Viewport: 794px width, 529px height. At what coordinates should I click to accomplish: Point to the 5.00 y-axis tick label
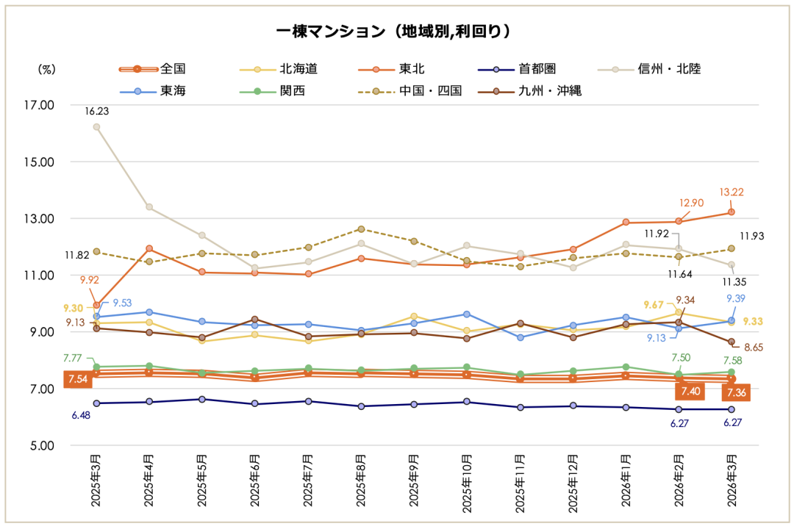click(41, 445)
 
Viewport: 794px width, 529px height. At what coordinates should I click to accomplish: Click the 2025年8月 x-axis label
click(361, 478)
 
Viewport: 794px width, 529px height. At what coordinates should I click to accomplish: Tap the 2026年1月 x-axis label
click(626, 478)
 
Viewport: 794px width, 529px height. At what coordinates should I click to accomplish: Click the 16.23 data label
click(96, 112)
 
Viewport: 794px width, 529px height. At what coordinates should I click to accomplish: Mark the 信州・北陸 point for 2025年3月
click(96, 126)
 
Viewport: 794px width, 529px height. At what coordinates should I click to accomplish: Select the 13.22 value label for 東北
click(732, 192)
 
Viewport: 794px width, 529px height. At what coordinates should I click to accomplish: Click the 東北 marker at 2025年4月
click(149, 248)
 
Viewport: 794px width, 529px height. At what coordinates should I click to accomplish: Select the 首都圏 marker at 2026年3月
click(732, 409)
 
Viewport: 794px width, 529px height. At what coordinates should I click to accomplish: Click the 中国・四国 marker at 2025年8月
click(361, 229)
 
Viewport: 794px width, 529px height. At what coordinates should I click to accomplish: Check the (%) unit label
click(46, 69)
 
